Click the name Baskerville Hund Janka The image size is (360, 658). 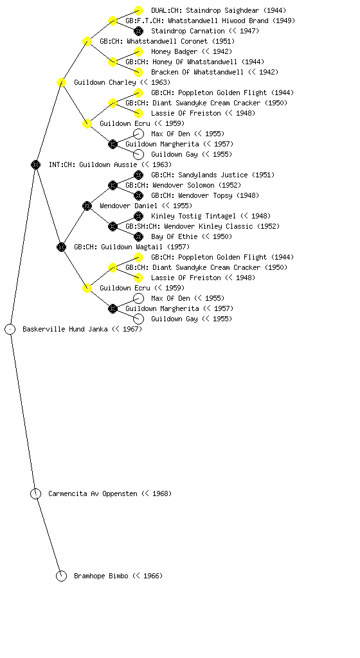click(x=66, y=330)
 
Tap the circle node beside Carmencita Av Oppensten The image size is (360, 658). click(x=35, y=494)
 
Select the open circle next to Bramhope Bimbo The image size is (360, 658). click(x=61, y=576)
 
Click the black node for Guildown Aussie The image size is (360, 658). click(x=35, y=165)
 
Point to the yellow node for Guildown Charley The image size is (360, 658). click(x=61, y=83)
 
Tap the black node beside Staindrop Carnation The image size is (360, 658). click(x=138, y=31)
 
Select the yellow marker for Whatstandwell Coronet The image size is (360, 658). click(x=87, y=42)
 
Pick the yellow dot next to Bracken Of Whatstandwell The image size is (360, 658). click(x=138, y=72)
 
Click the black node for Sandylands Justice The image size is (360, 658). click(x=138, y=175)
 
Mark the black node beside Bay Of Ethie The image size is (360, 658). click(x=138, y=236)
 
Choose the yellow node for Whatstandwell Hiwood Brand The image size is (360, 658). click(x=113, y=21)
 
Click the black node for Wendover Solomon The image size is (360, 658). click(x=113, y=186)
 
